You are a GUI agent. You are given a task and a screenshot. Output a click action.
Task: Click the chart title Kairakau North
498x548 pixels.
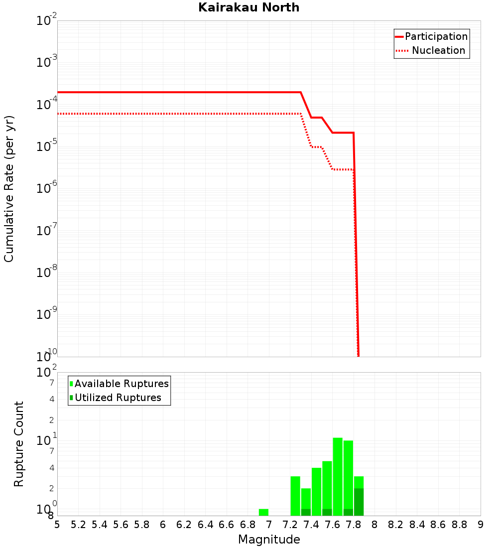tap(249, 7)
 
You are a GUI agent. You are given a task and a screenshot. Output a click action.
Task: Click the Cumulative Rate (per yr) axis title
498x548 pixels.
tap(9, 189)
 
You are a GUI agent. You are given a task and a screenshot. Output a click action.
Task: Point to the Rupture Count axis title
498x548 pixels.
tap(19, 444)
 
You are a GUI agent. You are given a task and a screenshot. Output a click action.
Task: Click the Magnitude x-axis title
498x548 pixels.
tap(269, 540)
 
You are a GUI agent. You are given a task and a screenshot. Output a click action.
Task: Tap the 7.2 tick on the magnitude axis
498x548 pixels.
tap(290, 525)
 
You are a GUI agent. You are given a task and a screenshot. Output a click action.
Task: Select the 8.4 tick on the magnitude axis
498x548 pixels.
tap(417, 525)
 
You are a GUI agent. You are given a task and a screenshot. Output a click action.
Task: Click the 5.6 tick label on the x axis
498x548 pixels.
tap(121, 525)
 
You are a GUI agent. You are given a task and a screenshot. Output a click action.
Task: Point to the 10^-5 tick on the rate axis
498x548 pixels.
tap(47, 146)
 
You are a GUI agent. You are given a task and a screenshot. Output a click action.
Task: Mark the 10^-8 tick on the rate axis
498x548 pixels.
tap(47, 273)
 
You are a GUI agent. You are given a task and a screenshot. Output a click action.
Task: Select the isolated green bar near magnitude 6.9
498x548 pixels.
tap(263, 512)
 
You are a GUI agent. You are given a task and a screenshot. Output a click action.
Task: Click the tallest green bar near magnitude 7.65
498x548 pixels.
tap(338, 476)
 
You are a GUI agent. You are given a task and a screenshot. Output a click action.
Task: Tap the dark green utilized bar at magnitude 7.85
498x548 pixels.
tap(359, 502)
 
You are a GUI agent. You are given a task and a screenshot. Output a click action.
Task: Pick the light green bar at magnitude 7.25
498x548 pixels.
tap(295, 496)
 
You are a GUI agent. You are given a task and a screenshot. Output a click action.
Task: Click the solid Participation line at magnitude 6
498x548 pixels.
tap(163, 92)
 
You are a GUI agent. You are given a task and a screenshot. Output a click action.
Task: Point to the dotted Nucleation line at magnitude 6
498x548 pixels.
tap(163, 114)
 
